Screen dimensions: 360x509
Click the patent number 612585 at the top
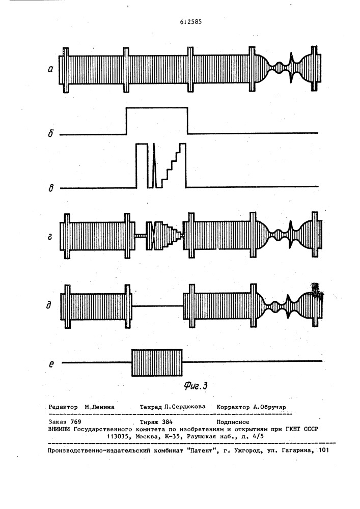click(190, 22)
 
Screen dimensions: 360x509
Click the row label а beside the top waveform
click(50, 69)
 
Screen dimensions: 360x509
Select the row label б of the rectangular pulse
click(51, 133)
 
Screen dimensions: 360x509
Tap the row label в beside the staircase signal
click(50, 187)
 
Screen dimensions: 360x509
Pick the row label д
click(49, 305)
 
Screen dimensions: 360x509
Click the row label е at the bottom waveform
click(50, 364)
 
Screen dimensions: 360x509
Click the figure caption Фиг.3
click(196, 385)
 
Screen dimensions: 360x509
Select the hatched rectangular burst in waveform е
click(157, 362)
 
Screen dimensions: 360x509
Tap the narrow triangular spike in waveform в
click(154, 165)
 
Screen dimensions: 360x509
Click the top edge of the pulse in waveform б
click(157, 107)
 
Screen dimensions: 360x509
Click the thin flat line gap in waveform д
click(157, 305)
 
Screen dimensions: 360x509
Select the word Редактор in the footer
click(63, 407)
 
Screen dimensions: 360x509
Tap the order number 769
click(76, 421)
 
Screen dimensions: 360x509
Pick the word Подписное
click(233, 421)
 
